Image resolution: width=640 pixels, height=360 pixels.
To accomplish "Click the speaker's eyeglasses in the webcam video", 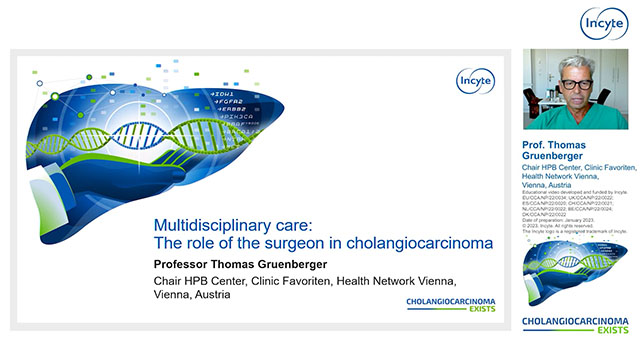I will pyautogui.click(x=577, y=83).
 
